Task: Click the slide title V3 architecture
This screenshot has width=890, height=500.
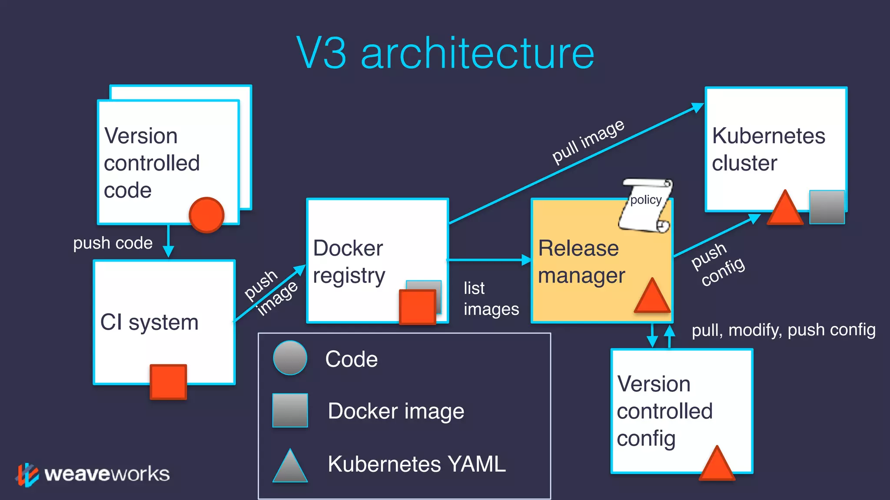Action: (x=445, y=53)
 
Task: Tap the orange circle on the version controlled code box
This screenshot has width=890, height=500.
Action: (x=206, y=215)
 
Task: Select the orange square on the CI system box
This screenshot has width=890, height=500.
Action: (x=168, y=382)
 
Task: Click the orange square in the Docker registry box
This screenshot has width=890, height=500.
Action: (x=417, y=307)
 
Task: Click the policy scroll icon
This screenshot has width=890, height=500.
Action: (x=646, y=205)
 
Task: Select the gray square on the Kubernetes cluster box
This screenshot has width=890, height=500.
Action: (x=827, y=207)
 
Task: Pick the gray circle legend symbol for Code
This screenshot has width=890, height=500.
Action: (x=290, y=358)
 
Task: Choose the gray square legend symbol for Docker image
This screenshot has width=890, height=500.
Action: (x=290, y=410)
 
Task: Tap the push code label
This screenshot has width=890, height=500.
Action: (x=113, y=243)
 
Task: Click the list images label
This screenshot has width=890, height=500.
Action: (x=491, y=299)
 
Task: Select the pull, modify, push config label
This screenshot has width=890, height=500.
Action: (x=783, y=330)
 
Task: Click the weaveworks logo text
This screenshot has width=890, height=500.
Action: (x=107, y=474)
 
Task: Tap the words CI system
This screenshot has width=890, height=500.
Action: (x=149, y=322)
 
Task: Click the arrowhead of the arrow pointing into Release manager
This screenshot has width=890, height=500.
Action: (x=526, y=260)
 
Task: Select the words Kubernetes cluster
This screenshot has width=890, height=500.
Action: (x=768, y=149)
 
